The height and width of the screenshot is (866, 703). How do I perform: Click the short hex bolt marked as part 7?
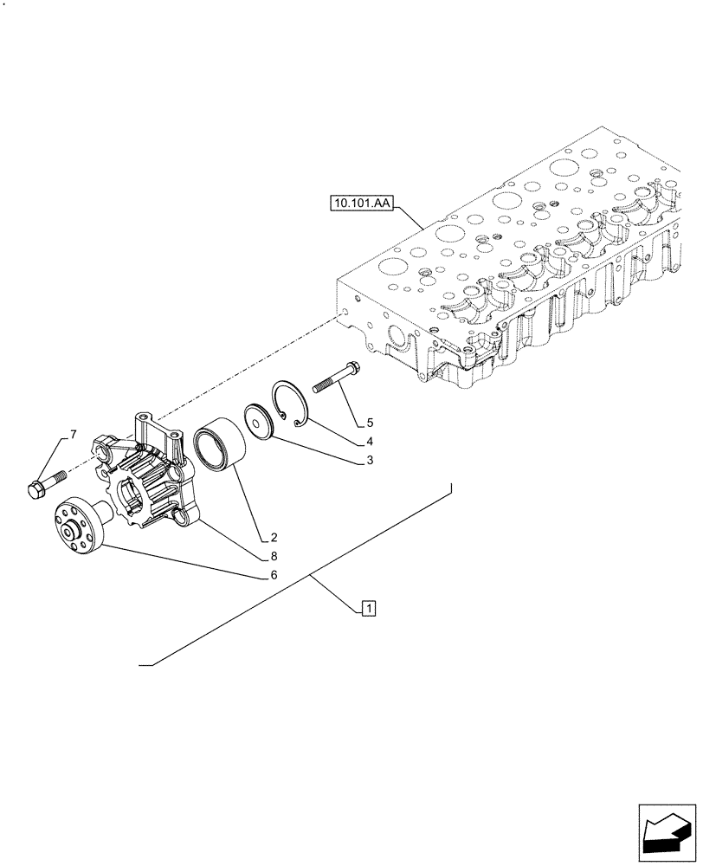pyautogui.click(x=48, y=482)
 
